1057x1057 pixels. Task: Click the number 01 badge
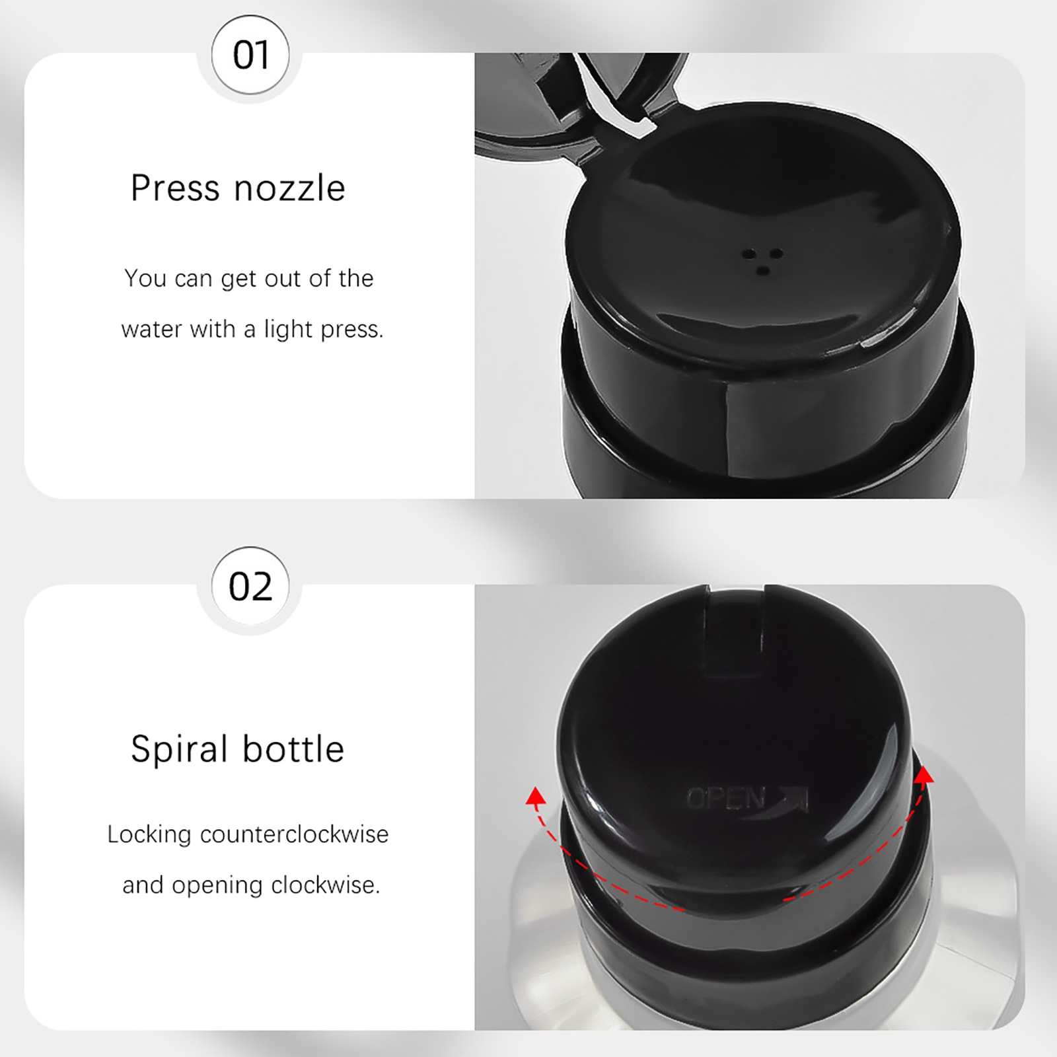point(250,55)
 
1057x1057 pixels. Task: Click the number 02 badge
point(250,586)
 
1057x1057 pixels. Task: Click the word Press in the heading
point(174,188)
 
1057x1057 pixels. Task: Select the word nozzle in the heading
point(290,189)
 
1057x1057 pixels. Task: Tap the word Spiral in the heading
point(179,750)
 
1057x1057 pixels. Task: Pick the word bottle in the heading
point(293,749)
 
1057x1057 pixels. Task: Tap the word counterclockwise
point(294,834)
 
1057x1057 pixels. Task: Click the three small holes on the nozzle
point(762,261)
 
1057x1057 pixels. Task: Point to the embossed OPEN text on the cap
point(725,799)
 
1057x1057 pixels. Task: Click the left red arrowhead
point(535,796)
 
